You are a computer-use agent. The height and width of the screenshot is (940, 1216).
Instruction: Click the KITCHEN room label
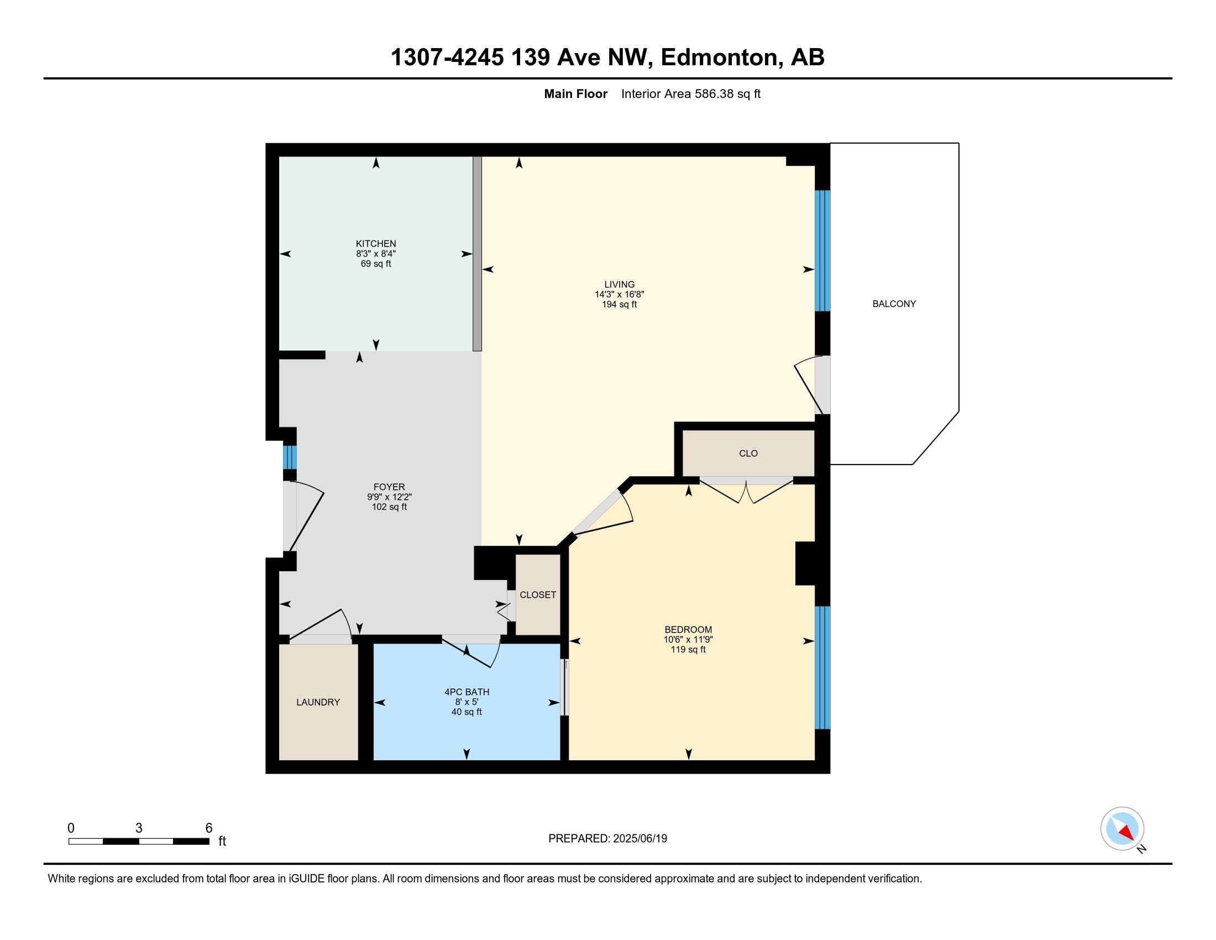pyautogui.click(x=376, y=244)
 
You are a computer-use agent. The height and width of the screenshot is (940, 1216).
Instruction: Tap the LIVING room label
pyautogui.click(x=619, y=285)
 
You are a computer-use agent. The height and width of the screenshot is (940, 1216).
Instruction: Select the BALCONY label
pyautogui.click(x=894, y=304)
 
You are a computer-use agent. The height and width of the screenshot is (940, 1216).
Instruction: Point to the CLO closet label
pyautogui.click(x=748, y=453)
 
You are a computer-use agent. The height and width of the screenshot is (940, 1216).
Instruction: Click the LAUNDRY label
pyautogui.click(x=318, y=702)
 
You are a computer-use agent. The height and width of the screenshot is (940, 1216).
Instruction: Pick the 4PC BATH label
pyautogui.click(x=467, y=692)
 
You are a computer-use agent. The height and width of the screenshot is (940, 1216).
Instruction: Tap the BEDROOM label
pyautogui.click(x=688, y=630)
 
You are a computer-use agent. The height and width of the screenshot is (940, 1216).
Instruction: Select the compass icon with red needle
pyautogui.click(x=1122, y=829)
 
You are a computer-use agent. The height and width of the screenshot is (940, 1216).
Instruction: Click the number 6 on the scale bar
pyautogui.click(x=209, y=828)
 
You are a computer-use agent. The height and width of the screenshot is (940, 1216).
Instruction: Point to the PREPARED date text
pyautogui.click(x=607, y=839)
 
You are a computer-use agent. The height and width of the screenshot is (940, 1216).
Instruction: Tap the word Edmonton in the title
pyautogui.click(x=719, y=58)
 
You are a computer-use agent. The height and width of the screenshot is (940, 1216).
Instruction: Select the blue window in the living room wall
pyautogui.click(x=822, y=250)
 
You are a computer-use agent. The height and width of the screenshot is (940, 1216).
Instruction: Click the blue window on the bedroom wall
pyautogui.click(x=822, y=667)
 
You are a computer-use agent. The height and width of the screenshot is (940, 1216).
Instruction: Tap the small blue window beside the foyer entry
pyautogui.click(x=290, y=457)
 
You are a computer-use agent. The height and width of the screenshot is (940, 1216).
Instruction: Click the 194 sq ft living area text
pyautogui.click(x=619, y=305)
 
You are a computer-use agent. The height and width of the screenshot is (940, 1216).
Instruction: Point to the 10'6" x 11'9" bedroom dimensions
pyautogui.click(x=688, y=640)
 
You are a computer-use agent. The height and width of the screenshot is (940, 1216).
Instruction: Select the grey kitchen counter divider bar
pyautogui.click(x=477, y=254)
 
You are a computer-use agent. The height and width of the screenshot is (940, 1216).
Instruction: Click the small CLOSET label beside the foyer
pyautogui.click(x=538, y=595)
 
